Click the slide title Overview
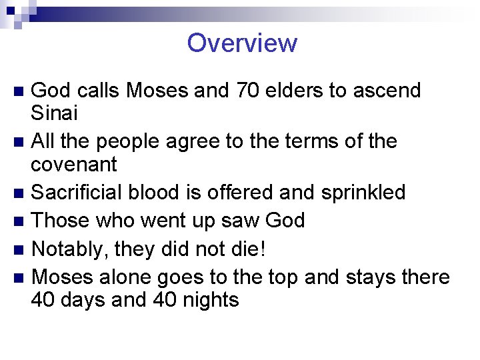(242, 43)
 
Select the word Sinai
(55, 113)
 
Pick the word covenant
(74, 165)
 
